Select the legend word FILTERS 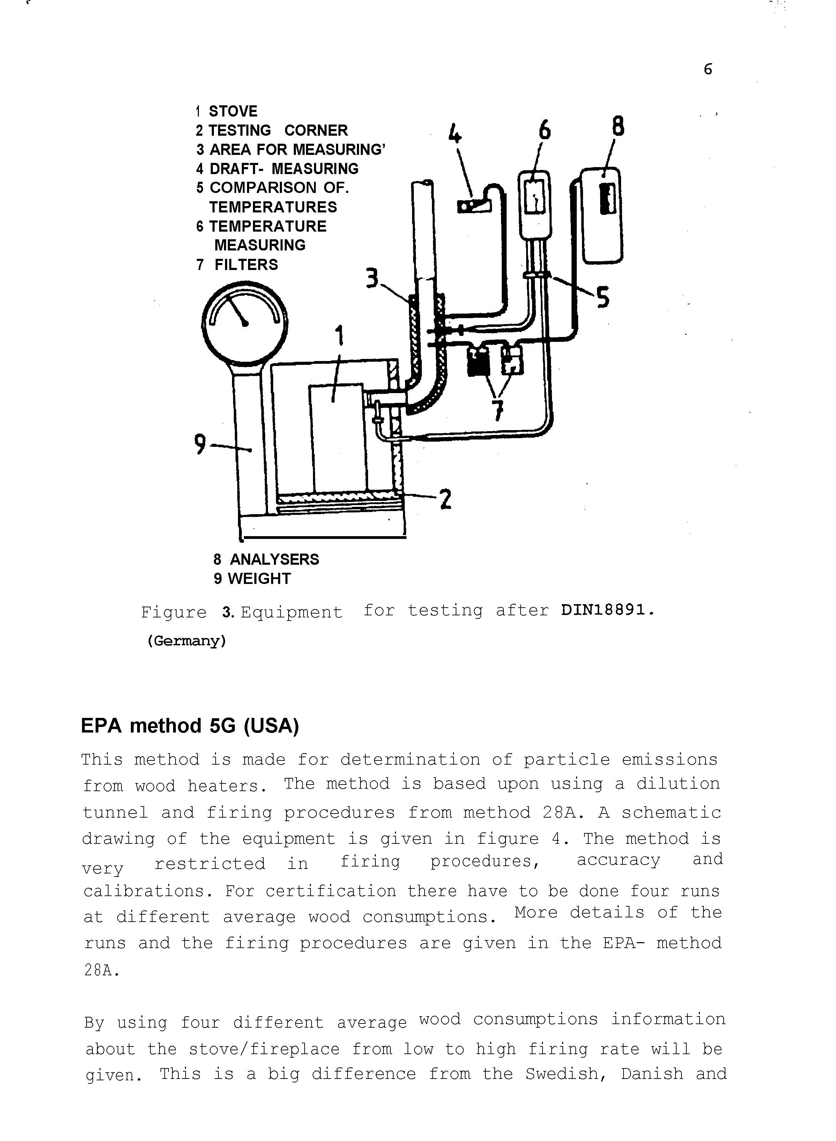pyautogui.click(x=246, y=265)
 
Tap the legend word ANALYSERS pyautogui.click(x=274, y=559)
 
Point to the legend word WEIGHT pyautogui.click(x=259, y=578)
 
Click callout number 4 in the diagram pyautogui.click(x=455, y=134)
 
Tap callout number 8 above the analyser pyautogui.click(x=618, y=127)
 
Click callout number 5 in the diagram pyautogui.click(x=603, y=298)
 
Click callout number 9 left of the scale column pyautogui.click(x=200, y=444)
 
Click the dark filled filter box pyautogui.click(x=478, y=361)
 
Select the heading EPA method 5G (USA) pyautogui.click(x=190, y=726)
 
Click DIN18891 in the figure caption pyautogui.click(x=607, y=610)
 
